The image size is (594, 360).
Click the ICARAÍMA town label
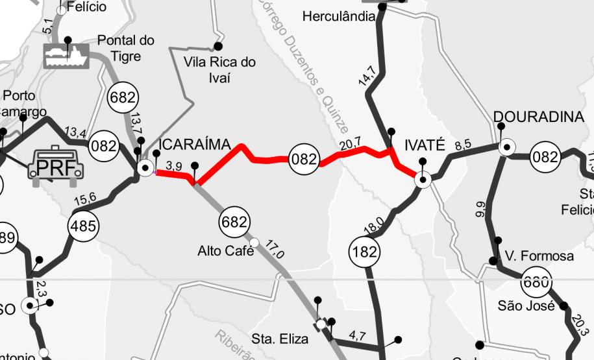[195, 144]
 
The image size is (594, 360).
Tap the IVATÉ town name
[425, 144]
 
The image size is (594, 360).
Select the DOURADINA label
[539, 117]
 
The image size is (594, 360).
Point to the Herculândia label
[338, 16]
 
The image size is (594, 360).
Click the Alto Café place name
[225, 250]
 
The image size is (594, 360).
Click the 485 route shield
[84, 226]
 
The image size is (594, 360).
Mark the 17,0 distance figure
[275, 249]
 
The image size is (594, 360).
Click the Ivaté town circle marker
[423, 180]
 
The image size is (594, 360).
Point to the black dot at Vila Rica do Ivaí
[219, 46]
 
